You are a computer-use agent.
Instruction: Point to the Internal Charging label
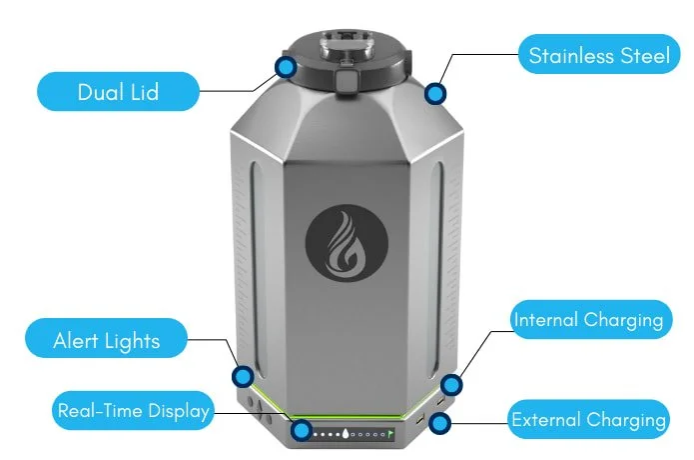click(587, 321)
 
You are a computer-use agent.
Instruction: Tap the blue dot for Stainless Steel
click(434, 93)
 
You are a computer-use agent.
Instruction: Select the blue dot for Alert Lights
click(242, 377)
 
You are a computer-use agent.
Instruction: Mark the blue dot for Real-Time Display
click(301, 432)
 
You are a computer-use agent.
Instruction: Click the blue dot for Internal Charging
click(450, 384)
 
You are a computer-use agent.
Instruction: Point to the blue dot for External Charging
click(438, 424)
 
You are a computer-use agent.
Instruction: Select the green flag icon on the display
click(390, 434)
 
